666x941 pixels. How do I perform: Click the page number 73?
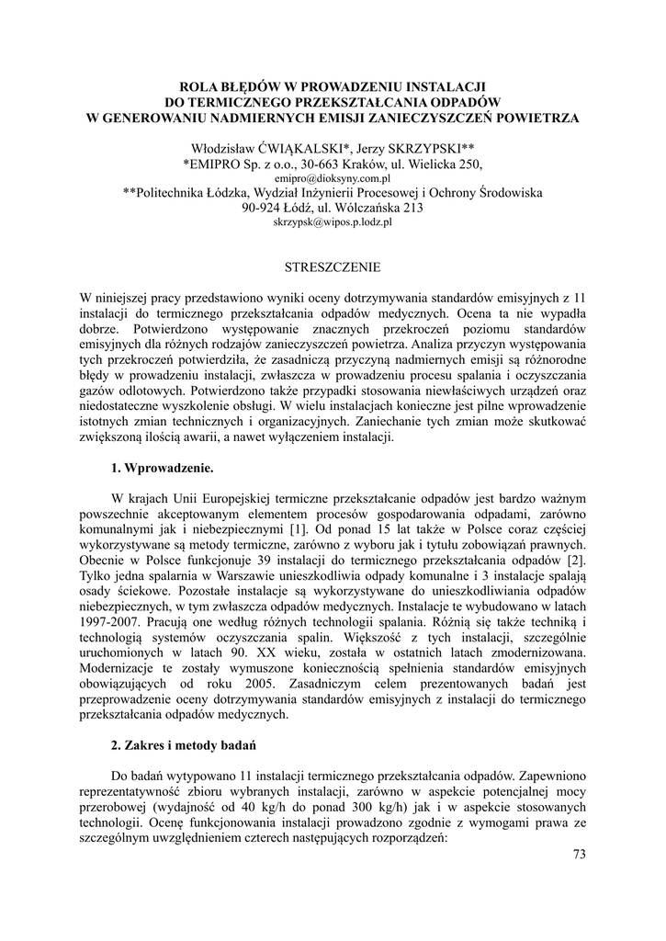point(579,854)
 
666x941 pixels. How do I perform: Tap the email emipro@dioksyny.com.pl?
point(333,178)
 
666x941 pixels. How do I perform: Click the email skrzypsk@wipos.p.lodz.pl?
point(333,222)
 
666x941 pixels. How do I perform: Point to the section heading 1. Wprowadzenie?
point(162,468)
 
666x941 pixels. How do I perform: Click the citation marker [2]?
point(575,561)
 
